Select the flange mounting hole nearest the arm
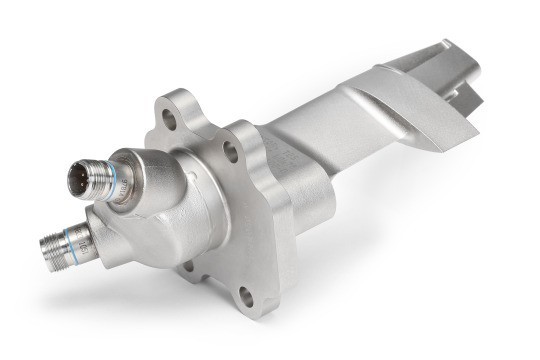coord(231,153)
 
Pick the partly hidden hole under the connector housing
coord(186,266)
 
